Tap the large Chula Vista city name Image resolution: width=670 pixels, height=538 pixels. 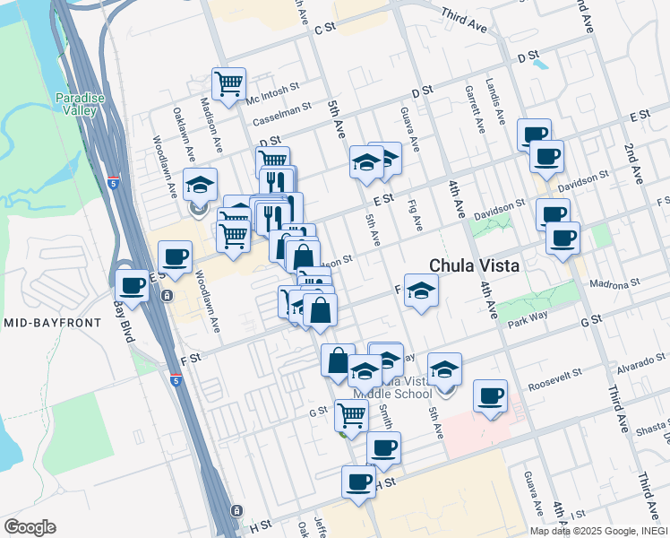click(x=475, y=265)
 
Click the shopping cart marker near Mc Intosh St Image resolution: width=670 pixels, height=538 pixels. click(x=229, y=84)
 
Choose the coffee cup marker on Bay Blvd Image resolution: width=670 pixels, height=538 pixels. click(x=133, y=286)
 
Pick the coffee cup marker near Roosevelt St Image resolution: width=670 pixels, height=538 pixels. click(x=490, y=395)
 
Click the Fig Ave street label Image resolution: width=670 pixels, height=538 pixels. click(x=414, y=217)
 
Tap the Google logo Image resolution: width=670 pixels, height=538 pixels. click(x=30, y=527)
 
